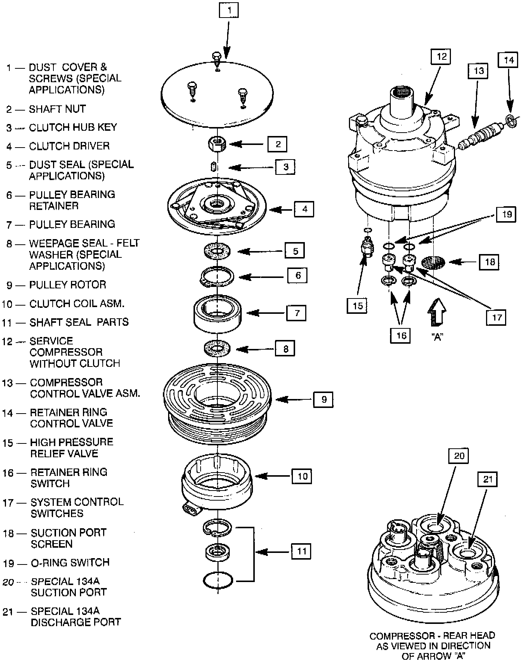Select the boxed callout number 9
coord(324,399)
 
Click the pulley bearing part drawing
coord(217,313)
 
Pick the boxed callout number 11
coord(301,551)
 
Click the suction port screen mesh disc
coord(433,262)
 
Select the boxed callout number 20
coord(459,456)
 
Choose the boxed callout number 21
coord(488,479)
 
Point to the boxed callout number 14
coord(508,60)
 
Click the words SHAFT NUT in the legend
coord(57,109)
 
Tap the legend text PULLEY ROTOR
coord(68,285)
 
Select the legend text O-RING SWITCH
coord(70,563)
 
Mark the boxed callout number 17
coord(496,317)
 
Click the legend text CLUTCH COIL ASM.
coord(77,304)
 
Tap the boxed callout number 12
coord(441,56)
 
